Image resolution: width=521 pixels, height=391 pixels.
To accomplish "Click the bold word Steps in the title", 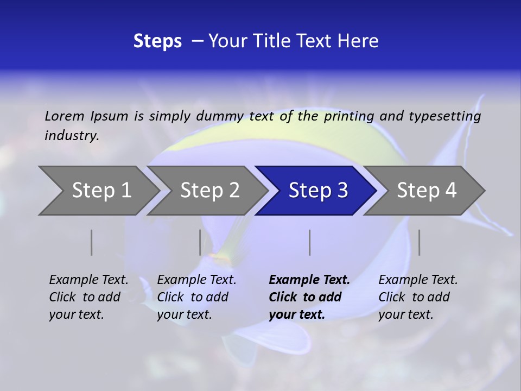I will tap(157, 41).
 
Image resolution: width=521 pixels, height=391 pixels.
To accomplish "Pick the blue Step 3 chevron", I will tap(318, 191).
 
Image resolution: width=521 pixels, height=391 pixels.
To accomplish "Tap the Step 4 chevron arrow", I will tap(427, 191).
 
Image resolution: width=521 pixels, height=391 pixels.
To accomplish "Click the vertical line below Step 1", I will tap(92, 242).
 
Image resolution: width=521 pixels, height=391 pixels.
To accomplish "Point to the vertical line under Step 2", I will tap(200, 242).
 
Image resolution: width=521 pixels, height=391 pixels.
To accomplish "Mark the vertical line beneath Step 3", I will tap(309, 242).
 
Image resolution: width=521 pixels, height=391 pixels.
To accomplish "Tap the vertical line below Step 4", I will tap(419, 242).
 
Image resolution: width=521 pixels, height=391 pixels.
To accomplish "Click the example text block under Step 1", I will tap(88, 297).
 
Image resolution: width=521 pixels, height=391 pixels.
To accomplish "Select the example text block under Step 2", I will tap(196, 297).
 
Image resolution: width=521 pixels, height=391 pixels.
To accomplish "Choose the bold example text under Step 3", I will tap(309, 297).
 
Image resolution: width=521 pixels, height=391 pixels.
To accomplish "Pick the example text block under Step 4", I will tap(418, 297).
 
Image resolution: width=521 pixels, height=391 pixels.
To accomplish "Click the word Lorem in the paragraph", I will tap(65, 116).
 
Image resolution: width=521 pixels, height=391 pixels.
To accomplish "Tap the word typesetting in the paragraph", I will tap(444, 116).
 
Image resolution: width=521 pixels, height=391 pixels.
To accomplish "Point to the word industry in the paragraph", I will tap(72, 136).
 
